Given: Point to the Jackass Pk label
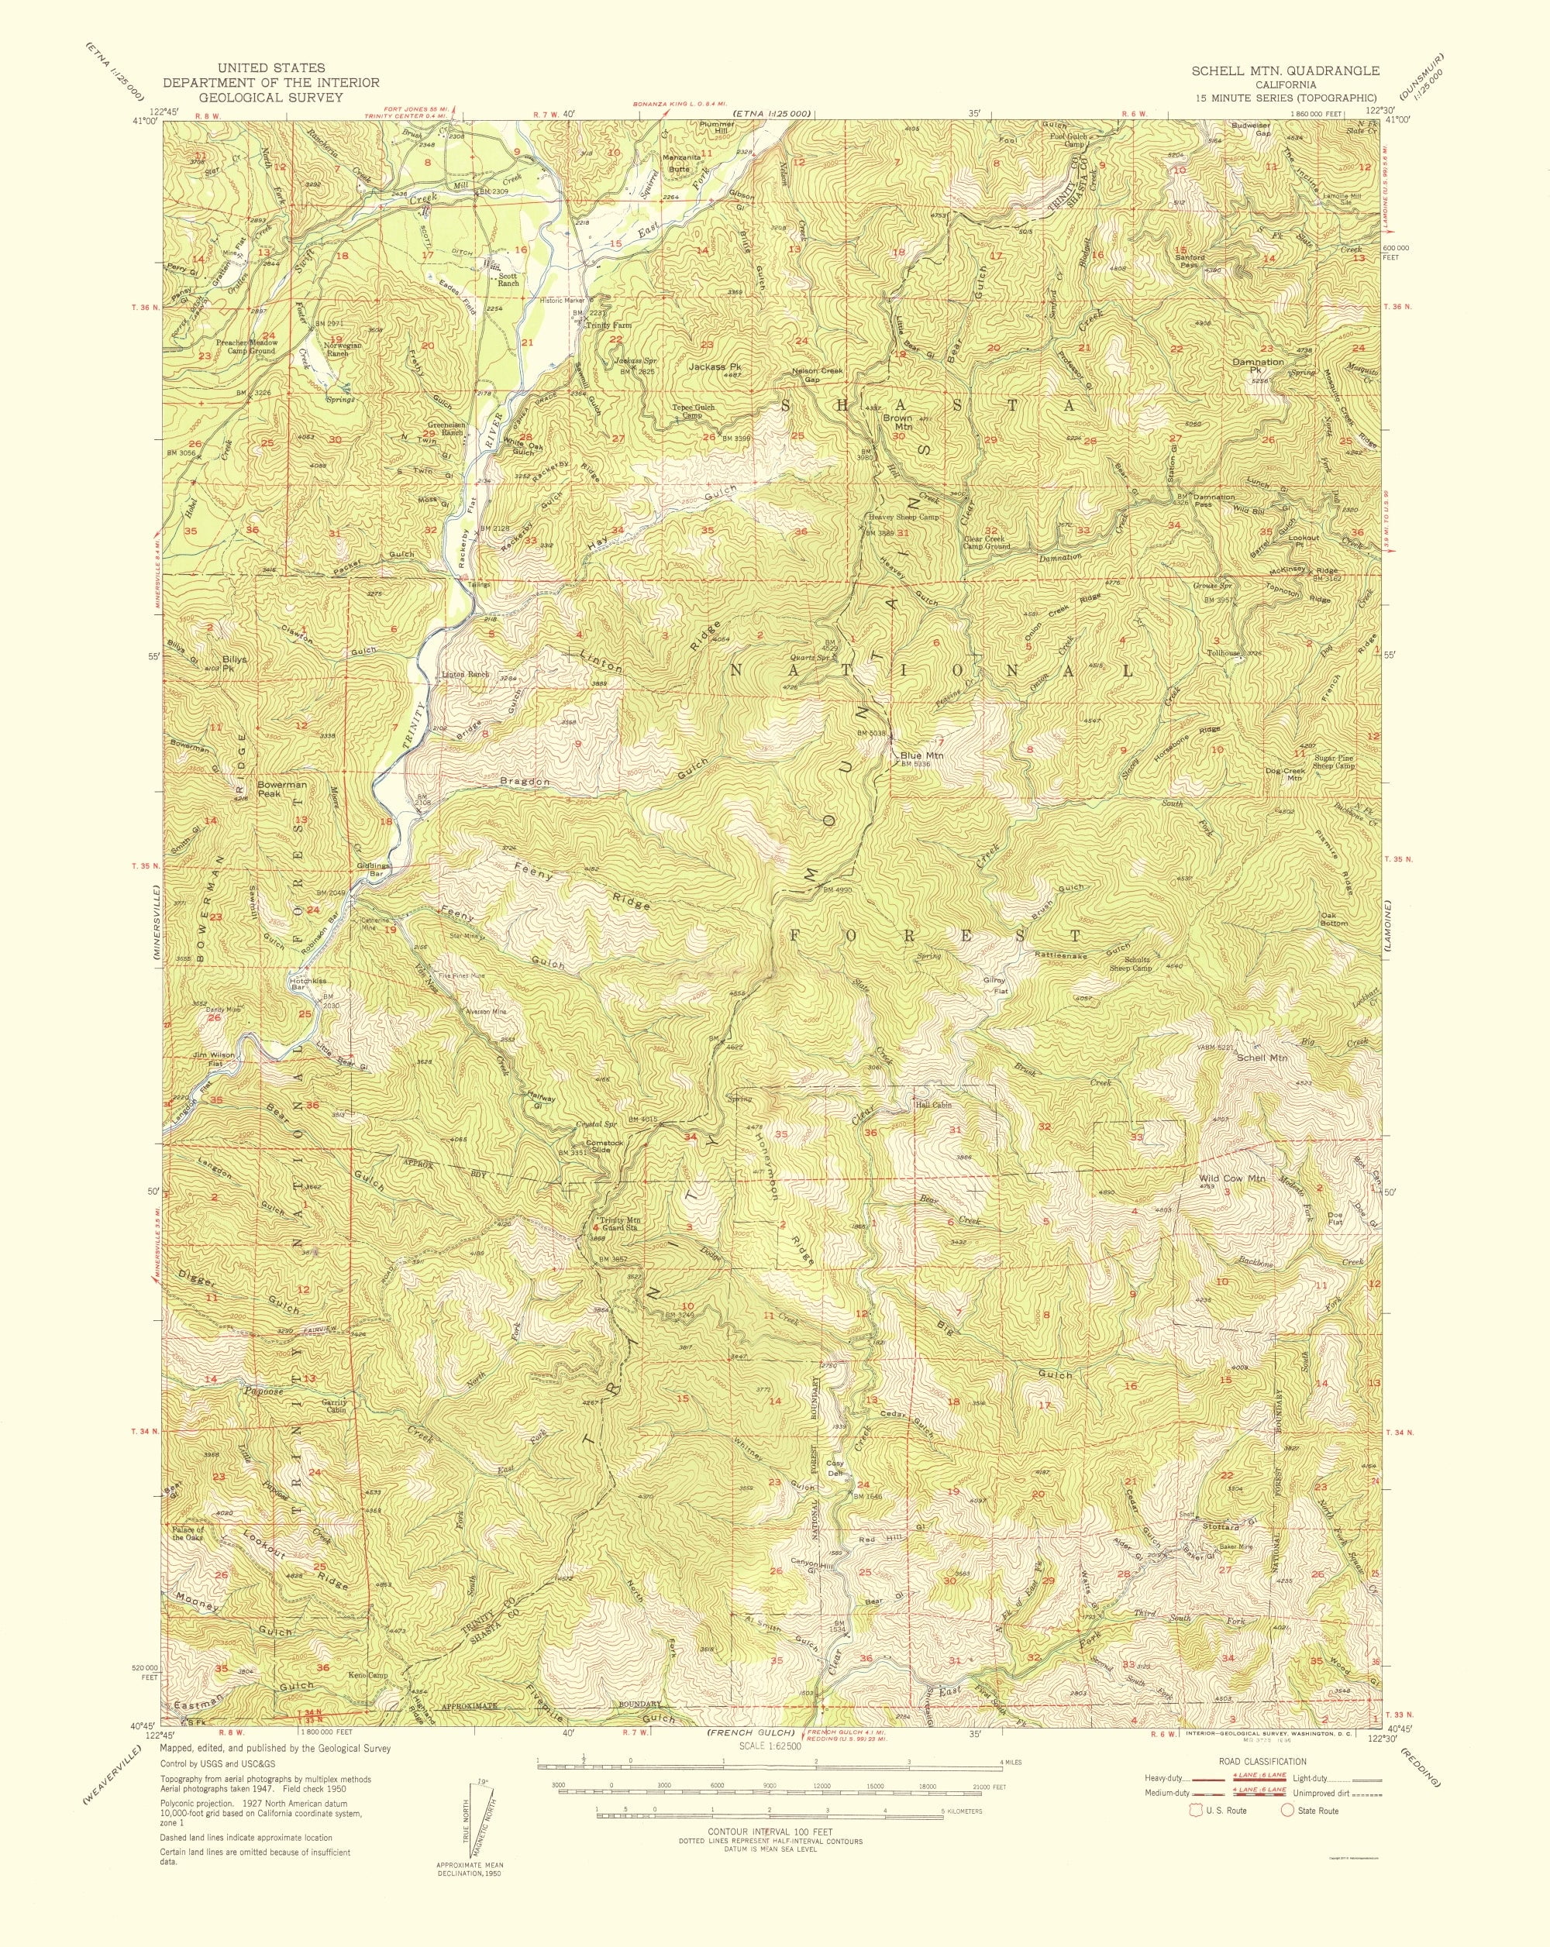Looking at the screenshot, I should tap(715, 366).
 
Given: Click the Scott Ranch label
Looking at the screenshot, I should tap(508, 279).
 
